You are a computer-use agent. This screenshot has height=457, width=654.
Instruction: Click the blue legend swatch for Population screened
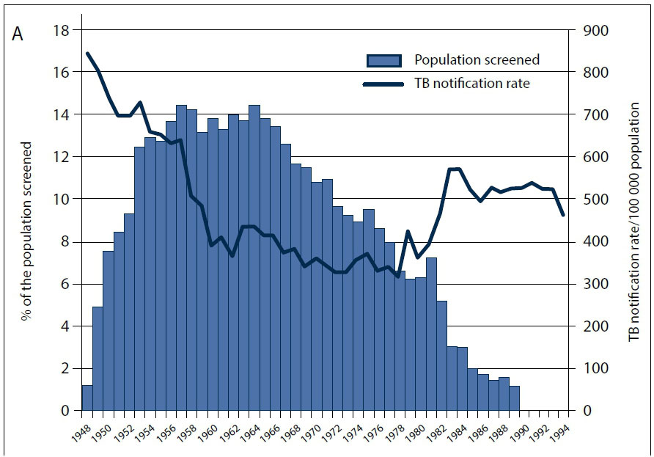[x=383, y=61]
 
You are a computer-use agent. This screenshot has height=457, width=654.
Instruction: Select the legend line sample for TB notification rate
[x=383, y=84]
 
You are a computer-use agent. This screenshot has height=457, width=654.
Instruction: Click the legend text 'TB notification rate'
[x=471, y=84]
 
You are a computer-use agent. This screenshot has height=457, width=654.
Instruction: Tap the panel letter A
[x=18, y=35]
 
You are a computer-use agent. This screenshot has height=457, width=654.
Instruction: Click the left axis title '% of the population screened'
[x=27, y=231]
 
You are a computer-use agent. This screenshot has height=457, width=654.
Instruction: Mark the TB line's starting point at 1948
[x=87, y=54]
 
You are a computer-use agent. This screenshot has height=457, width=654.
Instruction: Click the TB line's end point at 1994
[x=563, y=215]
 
